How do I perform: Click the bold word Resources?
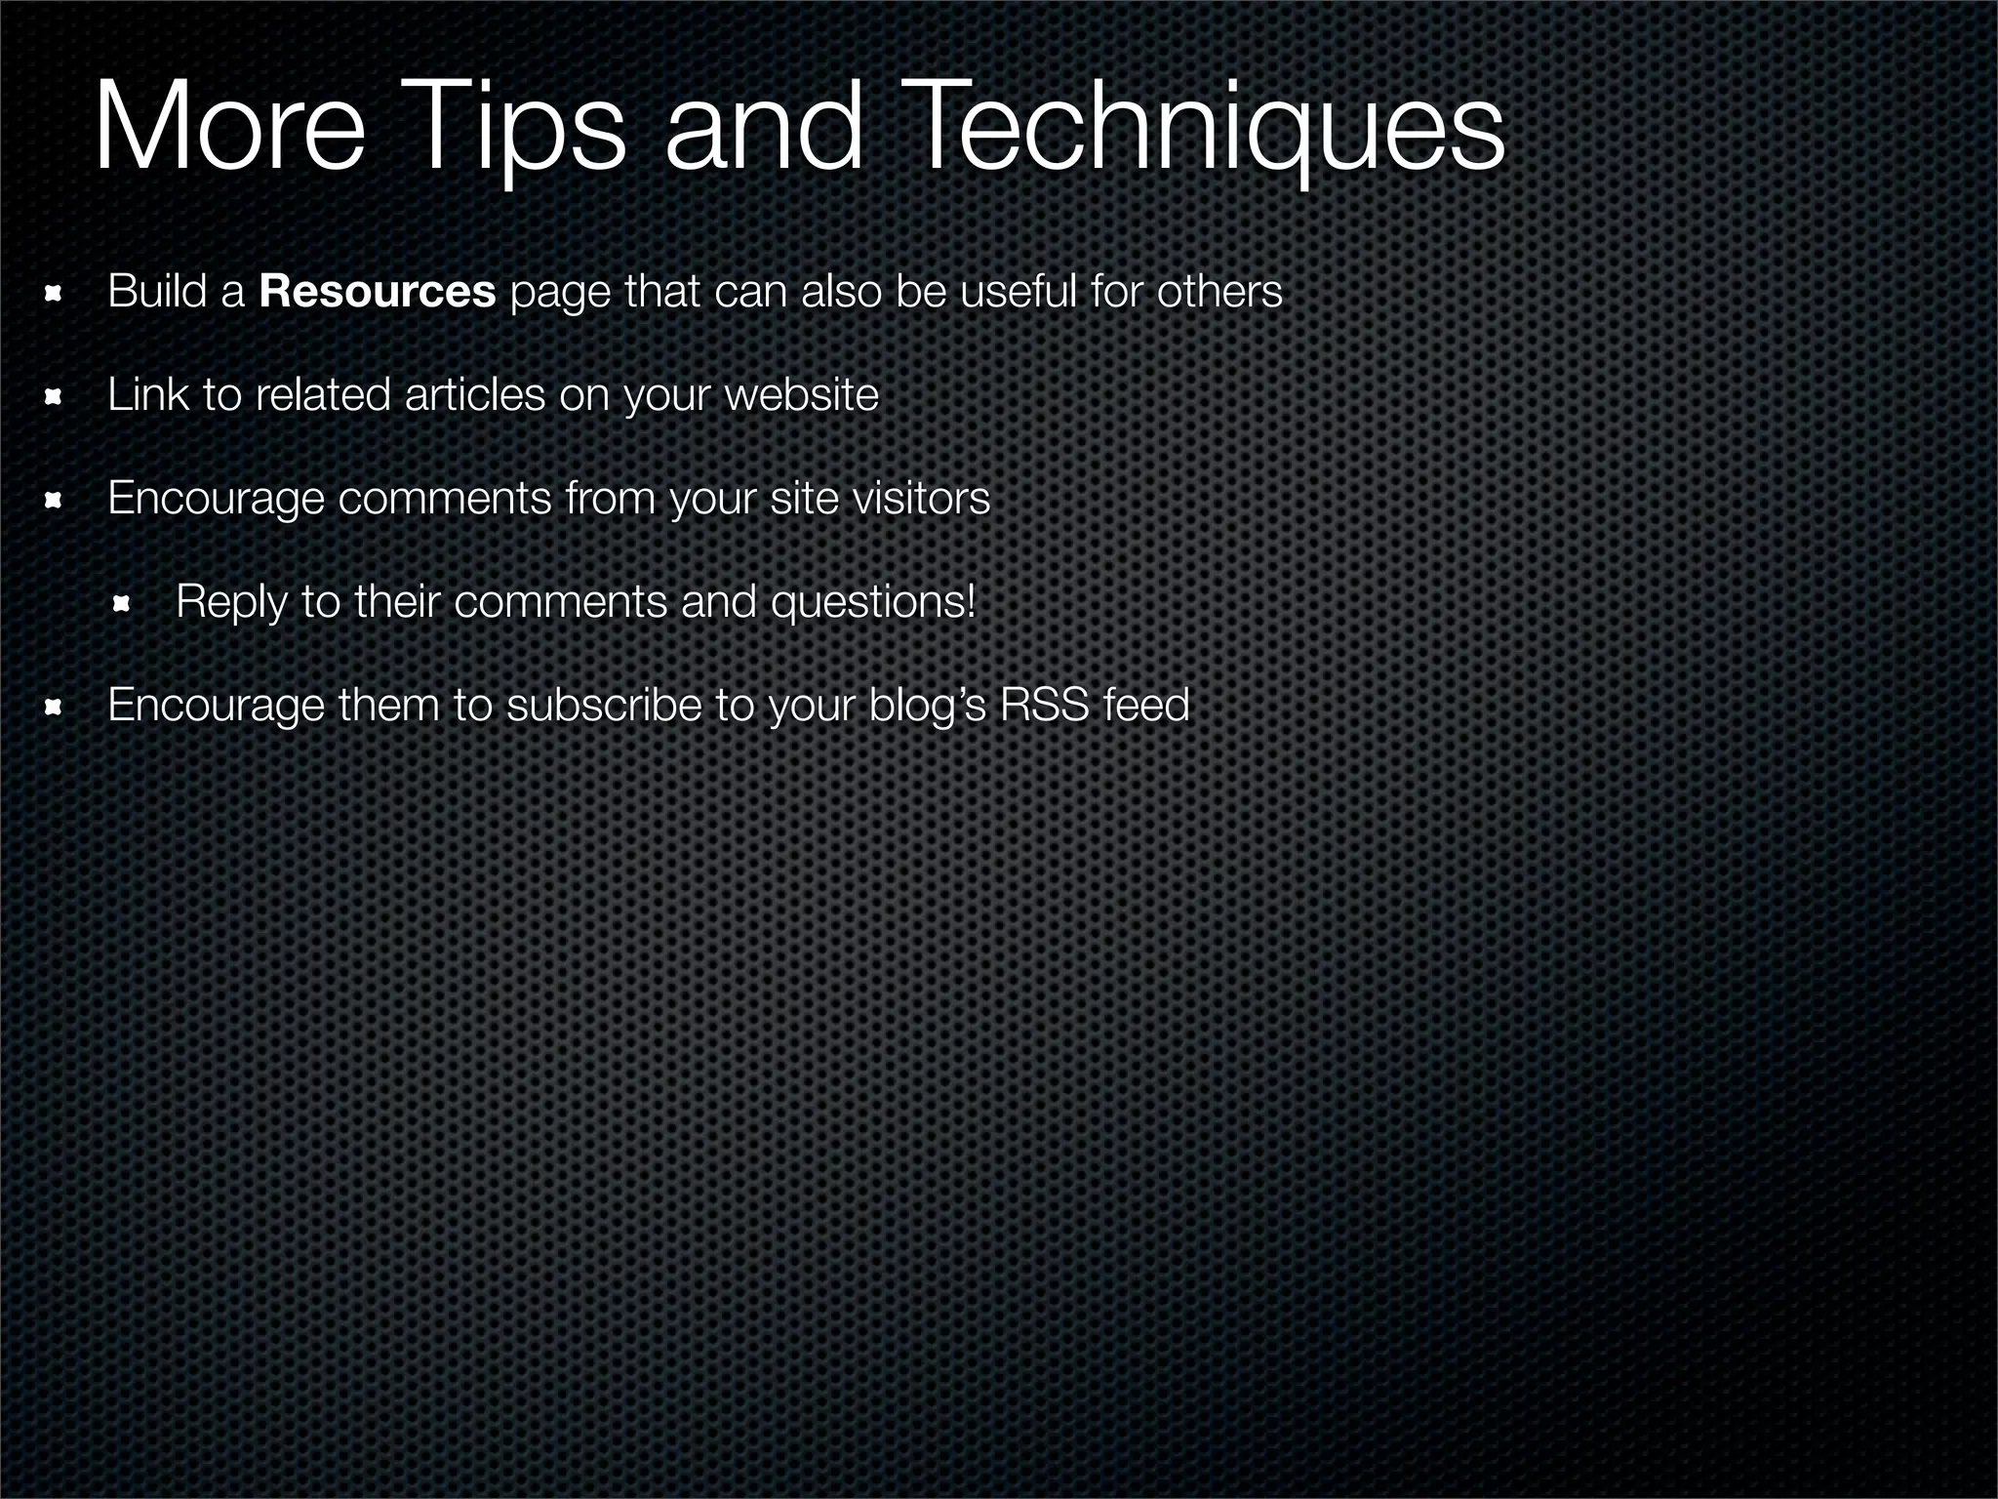pyautogui.click(x=378, y=292)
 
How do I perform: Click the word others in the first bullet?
pyautogui.click(x=1219, y=292)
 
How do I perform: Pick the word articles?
pyautogui.click(x=474, y=395)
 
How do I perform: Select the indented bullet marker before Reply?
pyautogui.click(x=122, y=605)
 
